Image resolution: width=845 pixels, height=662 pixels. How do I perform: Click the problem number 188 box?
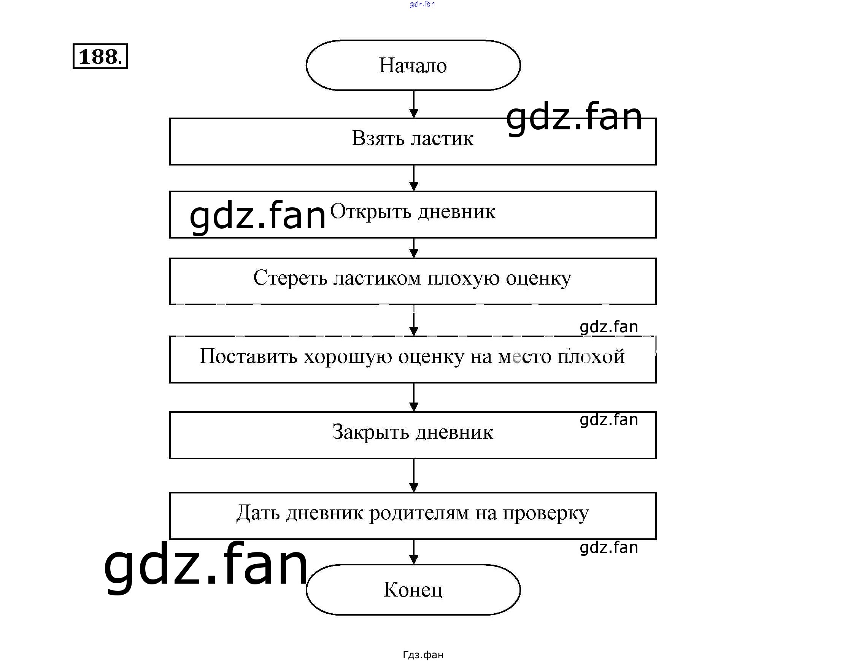pyautogui.click(x=100, y=57)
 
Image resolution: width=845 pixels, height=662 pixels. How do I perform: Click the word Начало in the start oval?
pyautogui.click(x=413, y=65)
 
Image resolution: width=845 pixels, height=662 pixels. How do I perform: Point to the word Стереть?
pyautogui.click(x=290, y=278)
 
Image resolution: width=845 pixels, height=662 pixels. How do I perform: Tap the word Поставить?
pyautogui.click(x=248, y=356)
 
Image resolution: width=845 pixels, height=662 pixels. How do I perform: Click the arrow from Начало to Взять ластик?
pyautogui.click(x=414, y=104)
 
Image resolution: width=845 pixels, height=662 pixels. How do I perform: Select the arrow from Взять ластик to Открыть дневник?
pyautogui.click(x=414, y=178)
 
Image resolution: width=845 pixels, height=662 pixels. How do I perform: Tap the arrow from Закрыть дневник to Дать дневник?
pyautogui.click(x=414, y=475)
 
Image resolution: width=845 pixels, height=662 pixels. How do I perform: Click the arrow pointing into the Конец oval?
pyautogui.click(x=414, y=552)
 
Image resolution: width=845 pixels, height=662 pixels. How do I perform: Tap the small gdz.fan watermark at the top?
pyautogui.click(x=422, y=4)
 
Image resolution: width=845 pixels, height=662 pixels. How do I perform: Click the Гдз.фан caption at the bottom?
pyautogui.click(x=423, y=655)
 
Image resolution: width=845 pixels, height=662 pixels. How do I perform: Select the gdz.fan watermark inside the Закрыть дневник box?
pyautogui.click(x=609, y=420)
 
